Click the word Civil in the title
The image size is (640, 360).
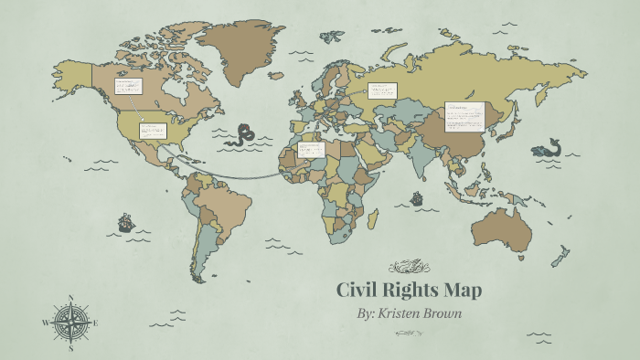(x=358, y=291)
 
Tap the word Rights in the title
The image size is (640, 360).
(x=414, y=291)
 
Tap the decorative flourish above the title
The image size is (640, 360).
(x=409, y=267)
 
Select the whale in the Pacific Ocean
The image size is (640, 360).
(x=547, y=148)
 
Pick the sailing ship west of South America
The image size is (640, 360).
(x=125, y=222)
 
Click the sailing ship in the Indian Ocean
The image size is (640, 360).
(x=417, y=196)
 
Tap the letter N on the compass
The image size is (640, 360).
(x=71, y=298)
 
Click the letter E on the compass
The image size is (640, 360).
(x=95, y=323)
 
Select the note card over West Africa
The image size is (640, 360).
(x=312, y=149)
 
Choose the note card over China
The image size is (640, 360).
(x=464, y=116)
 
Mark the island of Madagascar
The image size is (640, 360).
(x=373, y=219)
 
